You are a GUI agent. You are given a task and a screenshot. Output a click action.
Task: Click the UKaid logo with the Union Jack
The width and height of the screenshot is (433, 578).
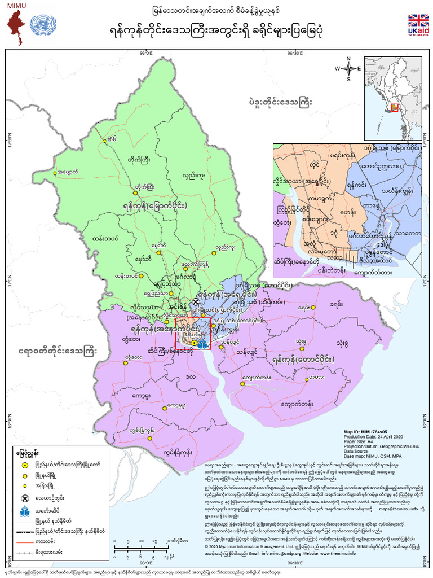click(x=418, y=25)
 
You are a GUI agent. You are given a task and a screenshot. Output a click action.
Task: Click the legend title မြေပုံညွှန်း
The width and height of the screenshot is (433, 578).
click(x=28, y=453)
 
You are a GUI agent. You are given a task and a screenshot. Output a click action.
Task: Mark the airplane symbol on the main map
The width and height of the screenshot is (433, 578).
click(x=196, y=301)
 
